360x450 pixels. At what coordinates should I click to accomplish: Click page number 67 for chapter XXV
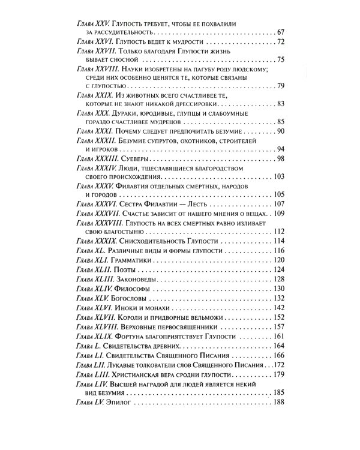[x=280, y=31]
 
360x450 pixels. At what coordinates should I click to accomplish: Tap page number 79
[x=280, y=86]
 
